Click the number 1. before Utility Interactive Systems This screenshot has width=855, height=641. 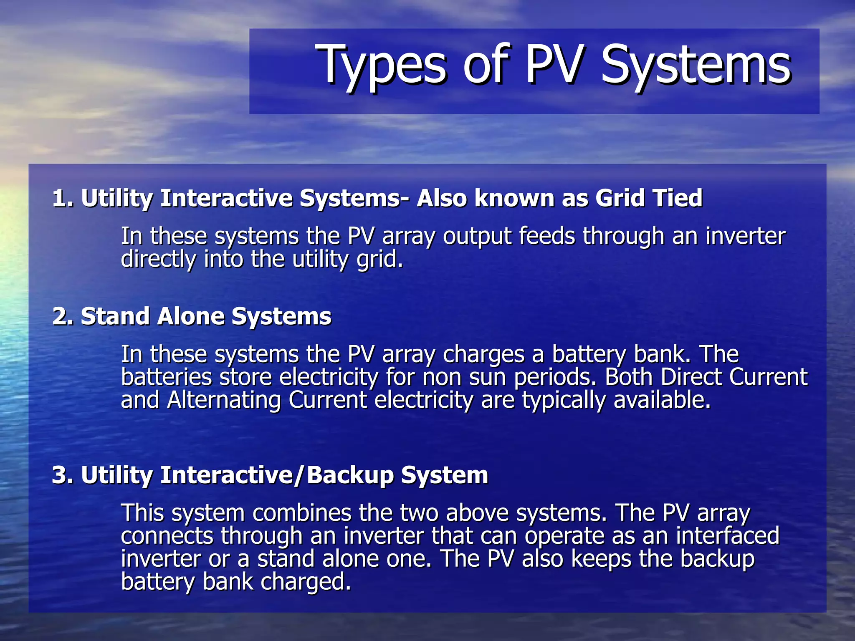63,198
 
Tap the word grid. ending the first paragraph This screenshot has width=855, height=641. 380,260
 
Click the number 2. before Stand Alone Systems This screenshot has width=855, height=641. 63,316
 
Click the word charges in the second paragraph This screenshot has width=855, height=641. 483,355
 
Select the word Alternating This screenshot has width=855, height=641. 224,400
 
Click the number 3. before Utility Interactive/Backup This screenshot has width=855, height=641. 63,475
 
